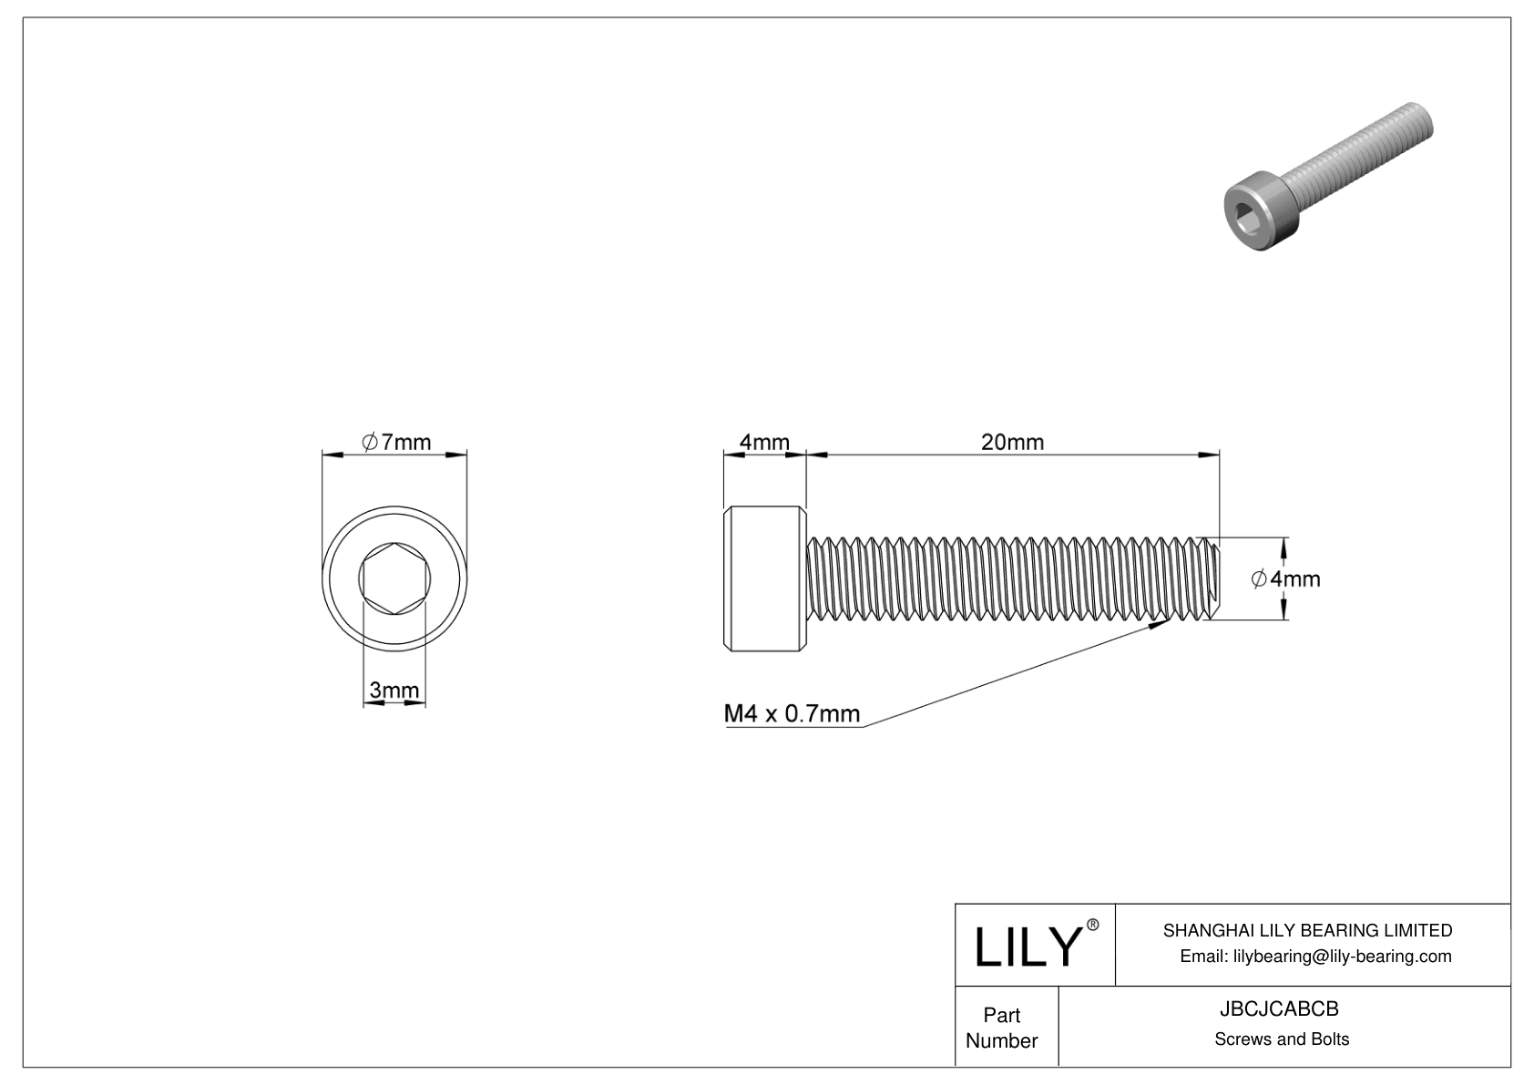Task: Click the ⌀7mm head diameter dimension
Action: (396, 443)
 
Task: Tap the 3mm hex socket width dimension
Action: (394, 690)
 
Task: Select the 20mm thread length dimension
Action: (1012, 443)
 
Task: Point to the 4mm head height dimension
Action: (764, 443)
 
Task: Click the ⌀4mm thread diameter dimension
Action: (1285, 579)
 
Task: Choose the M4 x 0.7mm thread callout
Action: (792, 713)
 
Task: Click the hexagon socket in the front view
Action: (395, 578)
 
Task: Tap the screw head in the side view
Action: (765, 578)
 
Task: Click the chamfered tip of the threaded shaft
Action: (1212, 578)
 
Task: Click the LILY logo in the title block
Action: (1028, 947)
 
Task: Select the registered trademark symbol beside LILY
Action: (1093, 925)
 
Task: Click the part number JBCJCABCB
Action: (1279, 1009)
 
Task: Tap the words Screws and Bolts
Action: (1282, 1039)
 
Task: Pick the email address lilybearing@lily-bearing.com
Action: (1343, 957)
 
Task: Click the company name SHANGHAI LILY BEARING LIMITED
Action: (1308, 930)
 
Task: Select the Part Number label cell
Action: (1007, 1027)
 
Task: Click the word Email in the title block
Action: (1203, 957)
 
